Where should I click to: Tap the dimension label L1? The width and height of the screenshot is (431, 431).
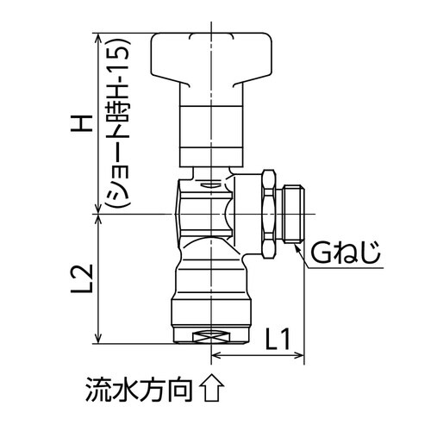[x=277, y=338]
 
